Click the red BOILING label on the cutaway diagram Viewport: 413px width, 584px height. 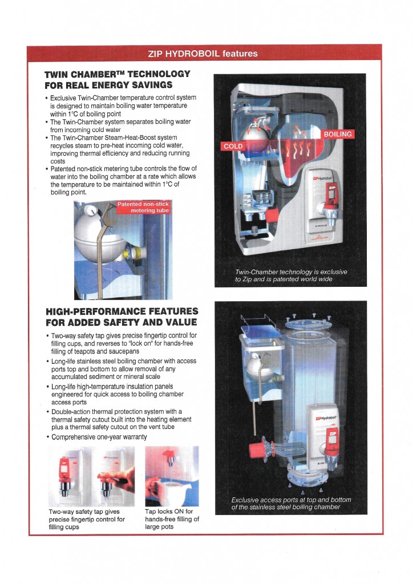coord(338,135)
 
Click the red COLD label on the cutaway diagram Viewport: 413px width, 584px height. coord(233,147)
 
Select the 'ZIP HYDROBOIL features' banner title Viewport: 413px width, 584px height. coord(203,54)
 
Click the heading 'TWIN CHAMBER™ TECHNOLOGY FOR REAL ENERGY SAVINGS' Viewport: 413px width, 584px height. coord(117,80)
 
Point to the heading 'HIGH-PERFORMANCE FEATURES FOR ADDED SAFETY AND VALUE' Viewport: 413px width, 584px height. coord(122,317)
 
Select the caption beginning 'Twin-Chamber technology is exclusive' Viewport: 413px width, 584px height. coord(291,275)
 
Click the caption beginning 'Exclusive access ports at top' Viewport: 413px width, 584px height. coord(291,504)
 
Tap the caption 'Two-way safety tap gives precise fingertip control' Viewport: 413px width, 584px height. coord(87,519)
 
